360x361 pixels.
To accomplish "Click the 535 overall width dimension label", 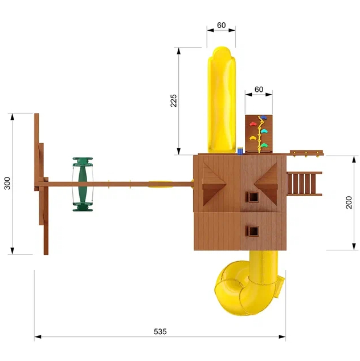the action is [x=160, y=331].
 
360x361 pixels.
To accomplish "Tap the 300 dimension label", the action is [x=7, y=183].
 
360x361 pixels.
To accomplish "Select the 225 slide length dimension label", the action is [x=174, y=100].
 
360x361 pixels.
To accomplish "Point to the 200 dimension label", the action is [x=349, y=202].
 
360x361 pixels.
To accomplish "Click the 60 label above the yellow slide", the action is [x=221, y=25].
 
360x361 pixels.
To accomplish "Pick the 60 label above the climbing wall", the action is [x=259, y=90].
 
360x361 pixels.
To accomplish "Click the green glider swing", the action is [x=83, y=184].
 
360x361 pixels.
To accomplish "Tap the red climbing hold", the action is [x=253, y=124].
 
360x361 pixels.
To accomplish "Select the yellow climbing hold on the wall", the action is [x=253, y=138].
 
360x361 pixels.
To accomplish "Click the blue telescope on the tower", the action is [x=240, y=151].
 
